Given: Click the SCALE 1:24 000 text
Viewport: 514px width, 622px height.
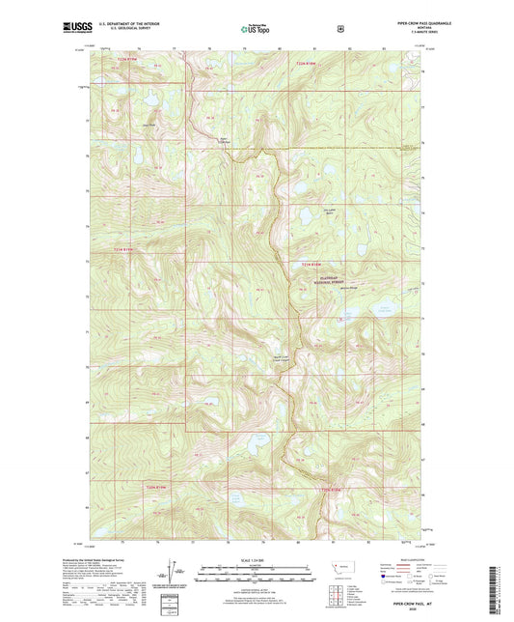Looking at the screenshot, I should (x=257, y=561).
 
